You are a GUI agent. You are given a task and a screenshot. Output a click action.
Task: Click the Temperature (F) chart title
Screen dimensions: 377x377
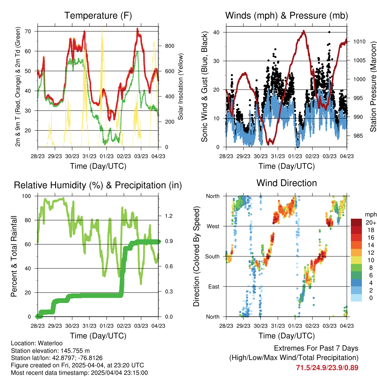click(x=98, y=15)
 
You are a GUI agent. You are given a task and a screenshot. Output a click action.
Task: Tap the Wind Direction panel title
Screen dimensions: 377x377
click(x=286, y=183)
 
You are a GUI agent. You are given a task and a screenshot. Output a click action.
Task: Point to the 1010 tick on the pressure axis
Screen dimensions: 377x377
click(x=359, y=42)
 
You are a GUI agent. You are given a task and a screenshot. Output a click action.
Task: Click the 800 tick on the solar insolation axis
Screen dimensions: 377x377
click(x=169, y=46)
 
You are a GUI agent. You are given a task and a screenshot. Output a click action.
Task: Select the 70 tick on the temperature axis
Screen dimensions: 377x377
click(x=28, y=31)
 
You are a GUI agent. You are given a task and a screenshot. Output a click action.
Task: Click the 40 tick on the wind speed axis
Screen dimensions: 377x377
click(x=216, y=32)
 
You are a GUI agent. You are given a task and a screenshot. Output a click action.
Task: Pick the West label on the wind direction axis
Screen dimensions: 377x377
click(x=213, y=226)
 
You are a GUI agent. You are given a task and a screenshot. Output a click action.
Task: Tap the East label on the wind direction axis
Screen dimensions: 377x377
click(x=214, y=286)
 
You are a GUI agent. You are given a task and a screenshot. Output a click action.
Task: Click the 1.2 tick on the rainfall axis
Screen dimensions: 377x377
click(x=169, y=216)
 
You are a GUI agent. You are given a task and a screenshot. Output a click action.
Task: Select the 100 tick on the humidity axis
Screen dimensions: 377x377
click(x=27, y=196)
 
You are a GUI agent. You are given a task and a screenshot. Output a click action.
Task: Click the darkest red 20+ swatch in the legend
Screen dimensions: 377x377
click(x=356, y=222)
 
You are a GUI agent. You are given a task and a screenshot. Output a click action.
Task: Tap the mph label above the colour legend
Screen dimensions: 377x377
click(x=370, y=215)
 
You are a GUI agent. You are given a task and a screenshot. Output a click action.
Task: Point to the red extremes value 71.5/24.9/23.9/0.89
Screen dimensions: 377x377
click(x=327, y=368)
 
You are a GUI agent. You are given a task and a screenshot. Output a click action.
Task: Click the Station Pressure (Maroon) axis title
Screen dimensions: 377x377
click(x=373, y=87)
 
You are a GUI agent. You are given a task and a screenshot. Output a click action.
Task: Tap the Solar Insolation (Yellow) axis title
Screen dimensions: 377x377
click(x=180, y=87)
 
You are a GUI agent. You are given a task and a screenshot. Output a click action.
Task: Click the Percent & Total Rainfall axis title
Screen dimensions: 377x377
click(x=14, y=256)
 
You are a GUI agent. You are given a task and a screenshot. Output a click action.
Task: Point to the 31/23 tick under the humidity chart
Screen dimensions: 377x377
click(x=89, y=326)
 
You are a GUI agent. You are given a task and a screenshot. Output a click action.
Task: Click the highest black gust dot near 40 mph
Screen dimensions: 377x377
click(x=329, y=32)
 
